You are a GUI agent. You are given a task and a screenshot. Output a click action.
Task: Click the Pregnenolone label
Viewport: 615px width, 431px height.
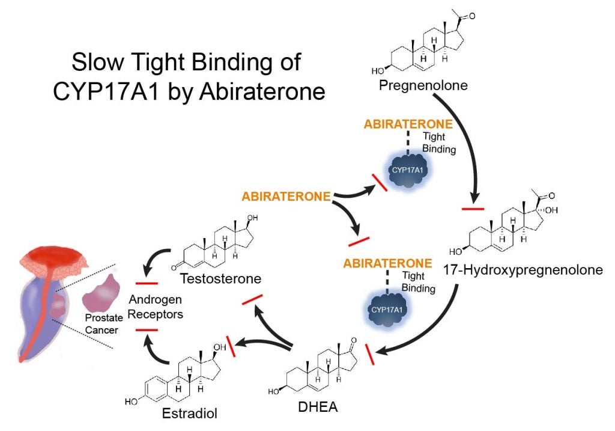pyautogui.click(x=424, y=86)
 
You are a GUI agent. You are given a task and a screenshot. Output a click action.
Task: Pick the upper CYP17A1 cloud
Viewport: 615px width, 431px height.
pyautogui.click(x=407, y=170)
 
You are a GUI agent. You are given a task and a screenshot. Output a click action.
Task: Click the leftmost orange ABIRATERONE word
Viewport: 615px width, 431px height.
pyautogui.click(x=286, y=196)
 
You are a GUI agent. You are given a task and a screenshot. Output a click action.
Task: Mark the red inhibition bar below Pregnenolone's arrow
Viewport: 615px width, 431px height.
pyautogui.click(x=473, y=209)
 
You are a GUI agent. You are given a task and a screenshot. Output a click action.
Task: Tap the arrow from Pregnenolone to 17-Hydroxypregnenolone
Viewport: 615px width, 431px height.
pyautogui.click(x=471, y=150)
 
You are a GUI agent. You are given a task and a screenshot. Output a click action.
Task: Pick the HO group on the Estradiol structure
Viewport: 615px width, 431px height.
pyautogui.click(x=131, y=400)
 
